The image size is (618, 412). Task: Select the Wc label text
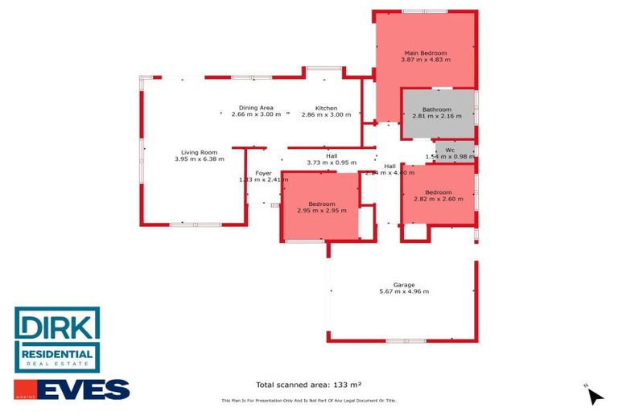pos(451,149)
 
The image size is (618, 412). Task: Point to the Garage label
pos(404,285)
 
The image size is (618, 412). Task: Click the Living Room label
pos(199,152)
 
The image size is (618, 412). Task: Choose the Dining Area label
pos(256,108)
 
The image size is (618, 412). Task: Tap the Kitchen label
pos(326,108)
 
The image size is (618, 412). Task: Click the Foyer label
pos(264,173)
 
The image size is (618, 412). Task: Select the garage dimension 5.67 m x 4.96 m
pos(404,291)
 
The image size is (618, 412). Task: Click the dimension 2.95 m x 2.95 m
pos(322,211)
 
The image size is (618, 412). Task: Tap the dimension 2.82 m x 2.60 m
pos(439,199)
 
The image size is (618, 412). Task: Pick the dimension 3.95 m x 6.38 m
pos(199,159)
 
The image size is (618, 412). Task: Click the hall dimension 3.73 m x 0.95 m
pos(332,163)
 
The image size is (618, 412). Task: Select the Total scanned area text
pos(308,385)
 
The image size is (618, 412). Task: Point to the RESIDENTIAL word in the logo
pos(57,355)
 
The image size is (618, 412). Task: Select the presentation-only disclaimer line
pos(308,401)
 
